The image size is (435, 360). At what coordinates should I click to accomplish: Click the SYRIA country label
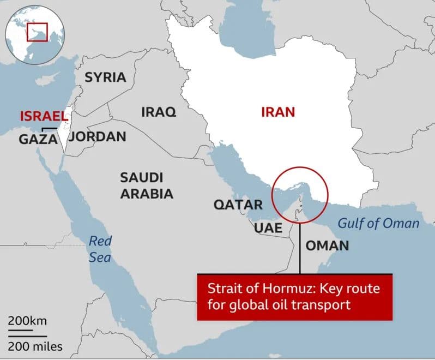pos(105,77)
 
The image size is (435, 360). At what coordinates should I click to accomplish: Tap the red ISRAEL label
pos(44,116)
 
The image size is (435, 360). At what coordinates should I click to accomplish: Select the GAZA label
pos(38,139)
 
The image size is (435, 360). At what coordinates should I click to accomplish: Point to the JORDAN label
pos(98,136)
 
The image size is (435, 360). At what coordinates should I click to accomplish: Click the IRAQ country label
pos(159,112)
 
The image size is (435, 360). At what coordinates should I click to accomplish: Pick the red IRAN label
pos(278,112)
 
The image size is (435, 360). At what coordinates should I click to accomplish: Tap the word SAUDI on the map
pos(141,177)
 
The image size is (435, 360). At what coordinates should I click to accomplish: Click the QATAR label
pos(238,205)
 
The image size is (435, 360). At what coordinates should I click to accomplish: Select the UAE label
pos(268,228)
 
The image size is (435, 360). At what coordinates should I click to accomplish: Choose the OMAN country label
pos(327,245)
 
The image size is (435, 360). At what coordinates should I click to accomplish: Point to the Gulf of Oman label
pos(379,223)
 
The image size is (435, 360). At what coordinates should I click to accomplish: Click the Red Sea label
pos(100,248)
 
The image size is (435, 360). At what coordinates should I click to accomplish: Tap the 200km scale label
pos(28,320)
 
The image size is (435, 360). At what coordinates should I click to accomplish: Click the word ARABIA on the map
pos(147,194)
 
